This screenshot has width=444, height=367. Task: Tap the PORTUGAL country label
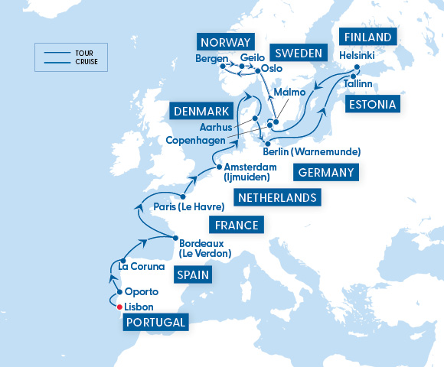(156, 323)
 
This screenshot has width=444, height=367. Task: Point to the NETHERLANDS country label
(277, 199)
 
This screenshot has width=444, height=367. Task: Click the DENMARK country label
(201, 112)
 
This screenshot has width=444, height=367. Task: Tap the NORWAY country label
(226, 41)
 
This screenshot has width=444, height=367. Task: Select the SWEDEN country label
(298, 53)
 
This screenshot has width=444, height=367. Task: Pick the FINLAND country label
(368, 37)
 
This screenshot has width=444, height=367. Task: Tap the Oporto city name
(141, 291)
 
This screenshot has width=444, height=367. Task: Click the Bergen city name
(211, 59)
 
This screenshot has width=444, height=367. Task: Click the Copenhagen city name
(194, 140)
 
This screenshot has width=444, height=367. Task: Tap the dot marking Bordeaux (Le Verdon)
(175, 238)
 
